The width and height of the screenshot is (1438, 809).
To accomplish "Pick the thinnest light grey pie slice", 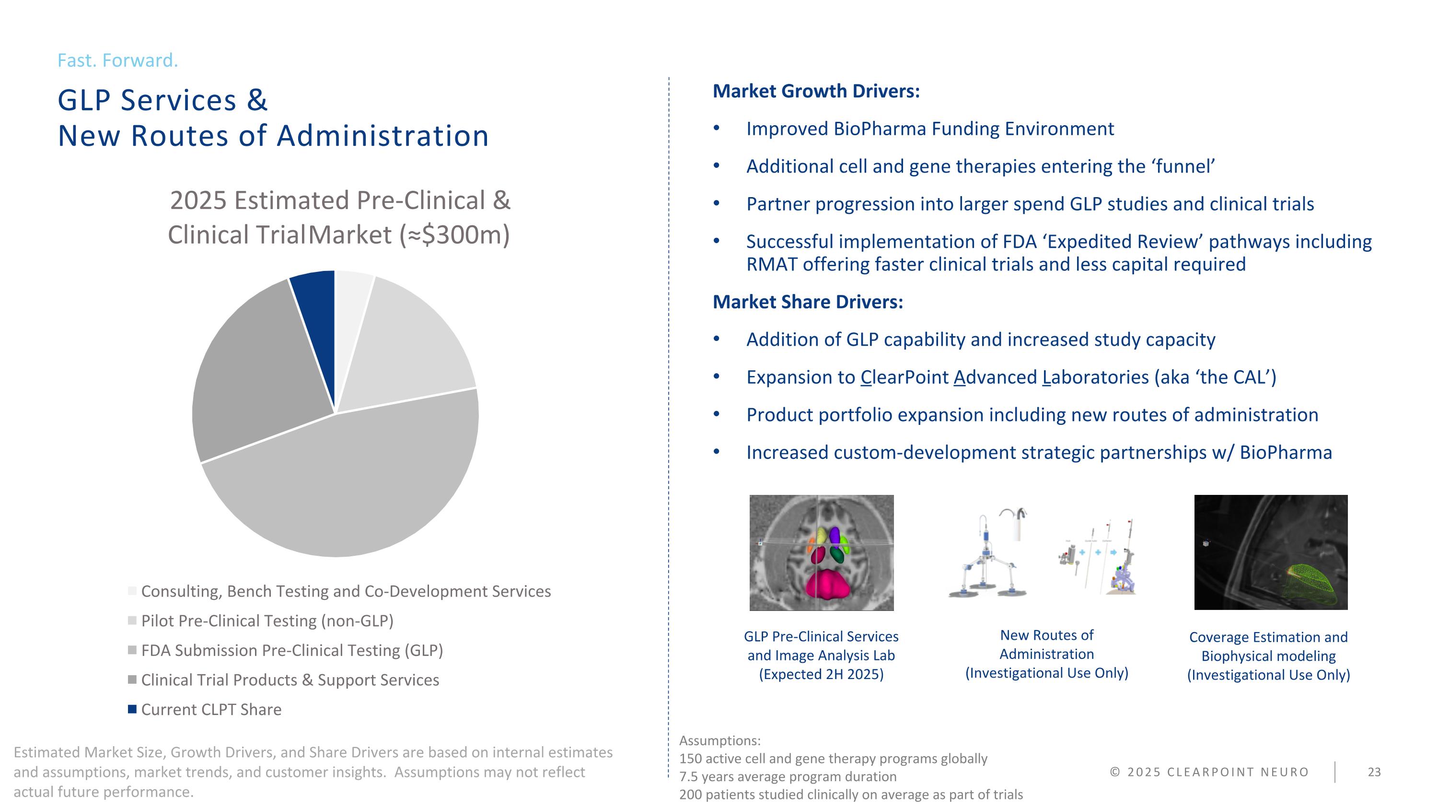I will [x=350, y=313].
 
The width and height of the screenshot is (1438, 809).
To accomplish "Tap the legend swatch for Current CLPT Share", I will [x=132, y=709].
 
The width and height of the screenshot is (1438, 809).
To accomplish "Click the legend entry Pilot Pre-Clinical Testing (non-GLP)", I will [x=267, y=621].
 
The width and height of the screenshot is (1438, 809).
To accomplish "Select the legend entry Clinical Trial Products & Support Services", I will [x=290, y=680].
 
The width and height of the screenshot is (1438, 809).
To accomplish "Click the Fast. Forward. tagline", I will [x=118, y=60].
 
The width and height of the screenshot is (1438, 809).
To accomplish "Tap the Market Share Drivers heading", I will [x=808, y=302].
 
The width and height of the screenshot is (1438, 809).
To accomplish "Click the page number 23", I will [x=1374, y=772].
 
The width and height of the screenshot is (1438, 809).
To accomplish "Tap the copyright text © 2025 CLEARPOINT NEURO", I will [x=1209, y=772].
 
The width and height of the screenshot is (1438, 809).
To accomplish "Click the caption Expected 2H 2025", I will [x=821, y=674].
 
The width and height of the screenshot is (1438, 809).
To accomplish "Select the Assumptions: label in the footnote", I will [x=719, y=741].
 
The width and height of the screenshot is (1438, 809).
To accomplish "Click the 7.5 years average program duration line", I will [x=788, y=776].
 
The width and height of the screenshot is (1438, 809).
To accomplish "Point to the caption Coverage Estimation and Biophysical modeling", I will [x=1268, y=646].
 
